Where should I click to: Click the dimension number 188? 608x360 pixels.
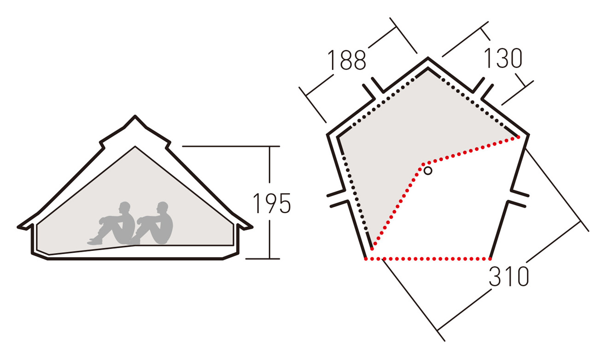pos(347,60)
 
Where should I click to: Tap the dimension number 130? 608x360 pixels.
pos(503,58)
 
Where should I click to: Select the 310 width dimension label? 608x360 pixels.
pos(509,276)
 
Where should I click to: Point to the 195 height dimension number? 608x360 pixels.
pos(272,203)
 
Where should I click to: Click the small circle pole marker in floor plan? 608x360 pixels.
pos(428,171)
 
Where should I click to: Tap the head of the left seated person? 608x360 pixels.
pos(124,207)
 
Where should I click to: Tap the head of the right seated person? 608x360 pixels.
pos(162,207)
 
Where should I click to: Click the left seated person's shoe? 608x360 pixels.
pos(95,241)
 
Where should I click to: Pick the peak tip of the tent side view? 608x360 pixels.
pos(135,116)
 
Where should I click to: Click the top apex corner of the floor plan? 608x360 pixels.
pos(428,58)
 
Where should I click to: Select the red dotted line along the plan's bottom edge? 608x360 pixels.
pos(428,259)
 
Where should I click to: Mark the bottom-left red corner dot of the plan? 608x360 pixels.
pos(366,259)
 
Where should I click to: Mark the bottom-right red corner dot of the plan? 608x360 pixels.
pos(490,259)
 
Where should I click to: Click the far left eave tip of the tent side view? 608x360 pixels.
pos(18,227)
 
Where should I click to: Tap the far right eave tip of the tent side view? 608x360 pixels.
pos(252,227)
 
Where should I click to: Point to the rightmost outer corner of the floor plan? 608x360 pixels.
pos(528,134)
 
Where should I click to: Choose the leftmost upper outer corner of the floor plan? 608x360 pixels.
pos(327,134)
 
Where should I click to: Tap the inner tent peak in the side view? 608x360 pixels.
pos(135,147)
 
